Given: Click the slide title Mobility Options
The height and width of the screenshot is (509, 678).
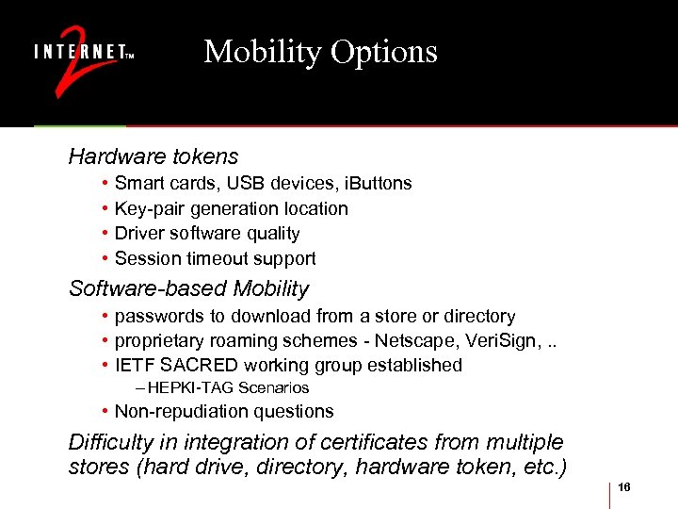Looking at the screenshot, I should tap(320, 51).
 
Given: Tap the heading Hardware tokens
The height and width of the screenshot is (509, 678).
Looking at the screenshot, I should tap(153, 156).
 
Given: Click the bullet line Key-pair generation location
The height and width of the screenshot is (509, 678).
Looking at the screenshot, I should tap(231, 208).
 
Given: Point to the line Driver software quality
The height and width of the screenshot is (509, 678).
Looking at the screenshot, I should tap(206, 233).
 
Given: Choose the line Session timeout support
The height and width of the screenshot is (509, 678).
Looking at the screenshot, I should tap(215, 258).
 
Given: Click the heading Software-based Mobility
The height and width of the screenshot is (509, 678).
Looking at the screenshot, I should tap(188, 288).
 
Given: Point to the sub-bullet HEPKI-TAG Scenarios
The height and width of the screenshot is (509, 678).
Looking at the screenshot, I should tap(228, 388).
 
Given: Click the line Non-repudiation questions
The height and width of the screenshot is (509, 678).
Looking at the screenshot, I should tap(223, 411).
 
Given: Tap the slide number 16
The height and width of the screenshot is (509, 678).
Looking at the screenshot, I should tap(625, 488).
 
